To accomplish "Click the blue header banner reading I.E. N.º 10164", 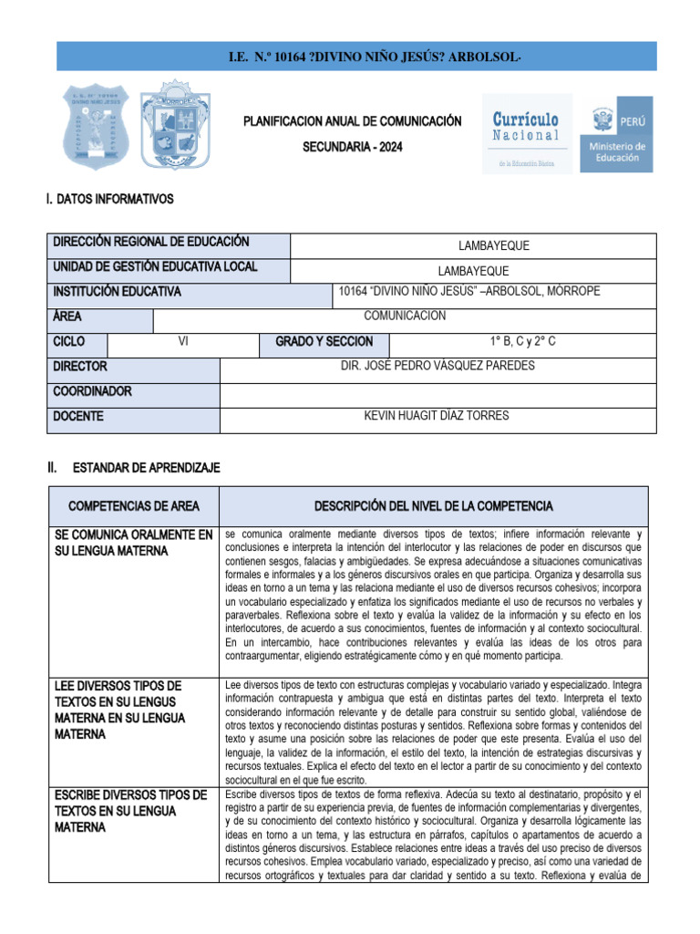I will point(350,57).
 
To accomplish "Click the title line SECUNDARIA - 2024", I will point(352,147).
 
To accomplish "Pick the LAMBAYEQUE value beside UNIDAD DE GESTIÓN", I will point(473,271).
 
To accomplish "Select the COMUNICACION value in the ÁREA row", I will point(405,317).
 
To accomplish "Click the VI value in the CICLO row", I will point(183,342).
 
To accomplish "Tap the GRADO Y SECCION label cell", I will point(324,342).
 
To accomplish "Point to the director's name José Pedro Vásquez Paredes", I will point(437,367).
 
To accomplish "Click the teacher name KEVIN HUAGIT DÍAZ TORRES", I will point(437,417).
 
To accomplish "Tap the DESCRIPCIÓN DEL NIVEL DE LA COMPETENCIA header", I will point(433,506).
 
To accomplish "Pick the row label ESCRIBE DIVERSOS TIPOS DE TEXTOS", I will point(130,811).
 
